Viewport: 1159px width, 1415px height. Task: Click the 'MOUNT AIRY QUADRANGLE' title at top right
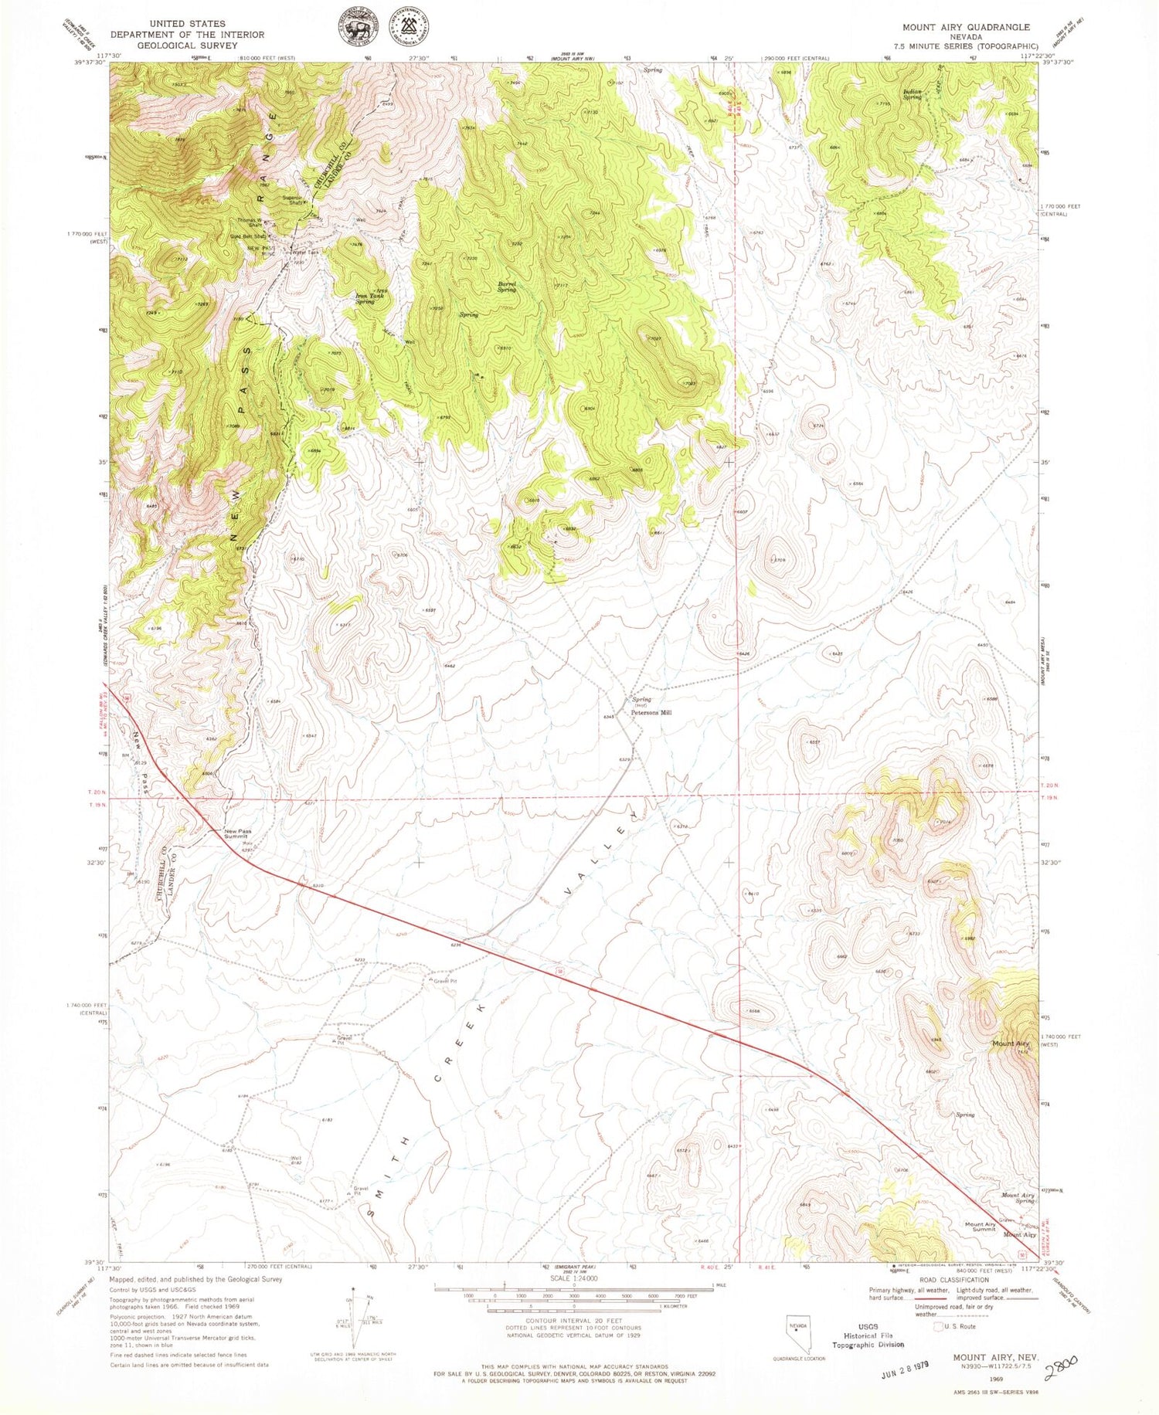[966, 27]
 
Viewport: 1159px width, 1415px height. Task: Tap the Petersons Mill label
[651, 713]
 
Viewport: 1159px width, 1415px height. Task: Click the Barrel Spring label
[507, 287]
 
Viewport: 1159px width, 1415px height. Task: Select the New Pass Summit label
[237, 834]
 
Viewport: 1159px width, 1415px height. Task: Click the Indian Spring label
[913, 95]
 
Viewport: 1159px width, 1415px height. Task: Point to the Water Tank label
[304, 252]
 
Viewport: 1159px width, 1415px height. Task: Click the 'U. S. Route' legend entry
[958, 1326]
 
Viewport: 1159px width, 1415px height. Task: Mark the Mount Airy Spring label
[1018, 1198]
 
